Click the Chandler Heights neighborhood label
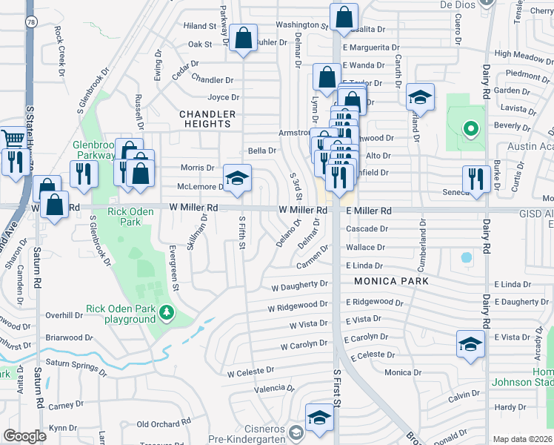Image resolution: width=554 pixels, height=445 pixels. [x=208, y=119]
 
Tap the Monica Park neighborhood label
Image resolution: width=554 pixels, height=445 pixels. [x=391, y=281]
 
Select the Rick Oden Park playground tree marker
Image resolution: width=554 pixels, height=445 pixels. [x=168, y=314]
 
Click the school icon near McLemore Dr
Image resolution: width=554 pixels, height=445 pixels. [x=237, y=179]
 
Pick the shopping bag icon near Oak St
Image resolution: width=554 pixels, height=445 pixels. [x=242, y=39]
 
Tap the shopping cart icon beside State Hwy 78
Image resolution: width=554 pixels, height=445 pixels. [x=13, y=139]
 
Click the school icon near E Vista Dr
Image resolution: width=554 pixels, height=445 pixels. [x=470, y=345]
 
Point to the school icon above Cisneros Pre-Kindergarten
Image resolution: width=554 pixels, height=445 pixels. [x=319, y=418]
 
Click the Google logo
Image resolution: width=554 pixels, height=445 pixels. [x=25, y=436]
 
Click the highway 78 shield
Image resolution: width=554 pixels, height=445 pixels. [x=31, y=23]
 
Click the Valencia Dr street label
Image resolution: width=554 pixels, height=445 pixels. [x=269, y=389]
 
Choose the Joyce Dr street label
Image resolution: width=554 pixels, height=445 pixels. [x=223, y=97]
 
